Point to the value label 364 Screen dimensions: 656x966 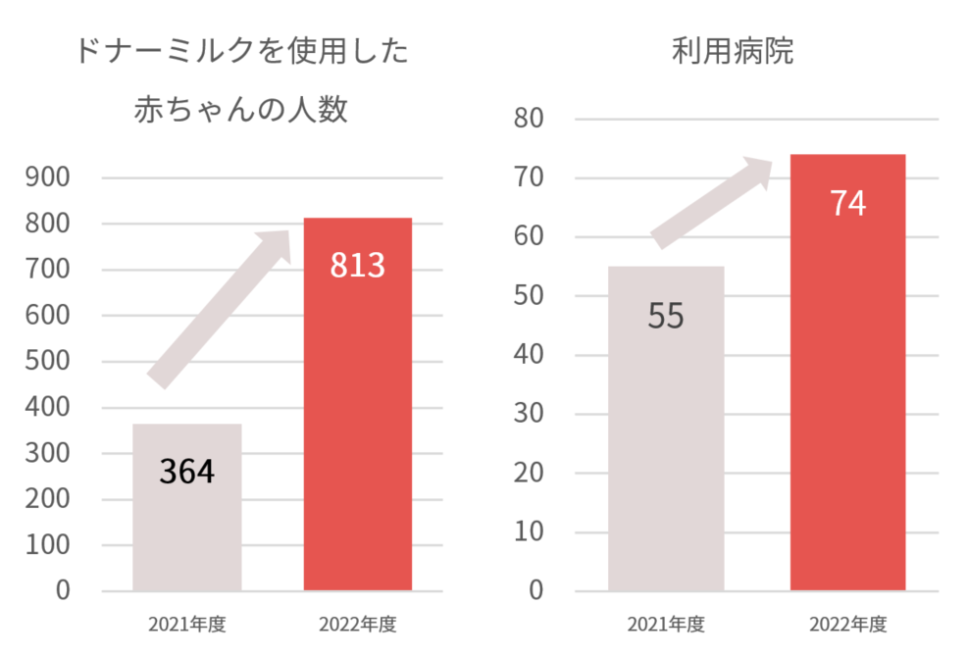click(186, 472)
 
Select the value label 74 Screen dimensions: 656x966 click(847, 203)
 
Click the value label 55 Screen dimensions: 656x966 click(666, 317)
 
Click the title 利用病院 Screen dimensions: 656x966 click(733, 51)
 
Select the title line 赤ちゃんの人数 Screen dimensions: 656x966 click(241, 110)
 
